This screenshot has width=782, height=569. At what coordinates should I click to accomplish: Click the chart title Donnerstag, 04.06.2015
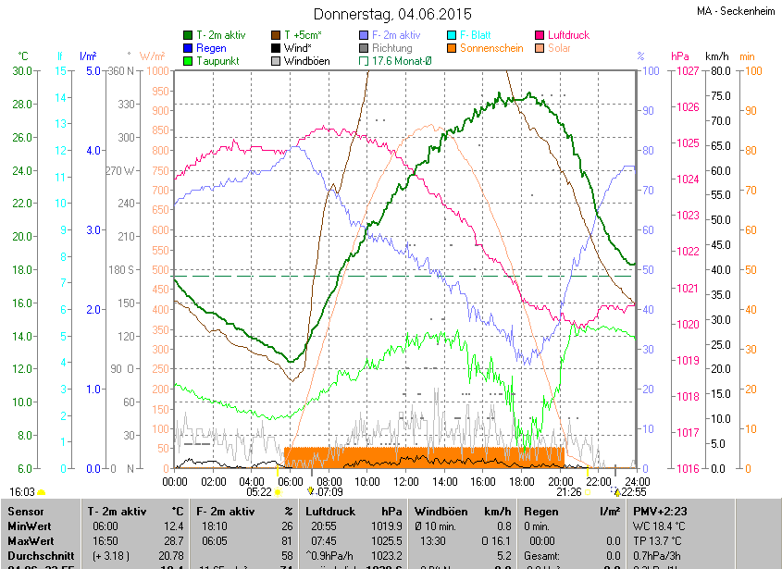coord(392,14)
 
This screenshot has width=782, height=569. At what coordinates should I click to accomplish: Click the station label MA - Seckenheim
coord(735,11)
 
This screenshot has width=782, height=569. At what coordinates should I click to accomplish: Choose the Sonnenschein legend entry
coord(490,48)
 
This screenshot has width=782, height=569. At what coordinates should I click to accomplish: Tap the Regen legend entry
coord(211,48)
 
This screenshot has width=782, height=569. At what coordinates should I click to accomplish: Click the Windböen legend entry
coord(306,61)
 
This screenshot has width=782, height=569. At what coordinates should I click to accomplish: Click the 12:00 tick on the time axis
coord(405,481)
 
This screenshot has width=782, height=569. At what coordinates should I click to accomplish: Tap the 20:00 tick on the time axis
coord(559,481)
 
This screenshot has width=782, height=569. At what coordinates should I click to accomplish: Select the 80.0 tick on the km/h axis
coord(718,70)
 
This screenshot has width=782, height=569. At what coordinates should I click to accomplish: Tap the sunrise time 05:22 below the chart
coord(259,492)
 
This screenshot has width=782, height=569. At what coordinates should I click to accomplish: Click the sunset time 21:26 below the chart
coord(569,492)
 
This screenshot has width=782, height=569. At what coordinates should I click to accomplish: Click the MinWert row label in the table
coord(31,526)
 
